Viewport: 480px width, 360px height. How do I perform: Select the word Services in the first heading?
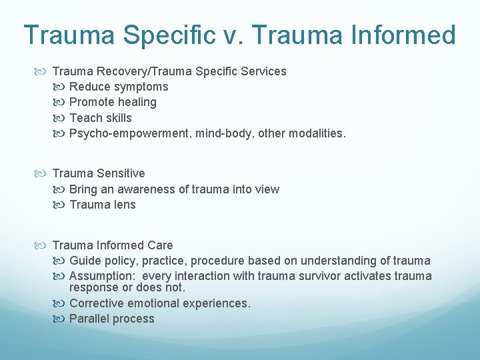click(264, 71)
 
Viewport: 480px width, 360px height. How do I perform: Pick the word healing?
click(136, 102)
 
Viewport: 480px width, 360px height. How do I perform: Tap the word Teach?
click(84, 118)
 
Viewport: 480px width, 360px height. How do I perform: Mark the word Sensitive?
click(121, 173)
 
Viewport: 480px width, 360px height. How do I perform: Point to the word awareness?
click(147, 189)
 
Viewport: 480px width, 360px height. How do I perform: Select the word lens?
click(125, 205)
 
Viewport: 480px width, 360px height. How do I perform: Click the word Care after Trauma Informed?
click(161, 245)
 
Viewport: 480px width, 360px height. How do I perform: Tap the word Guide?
click(84, 261)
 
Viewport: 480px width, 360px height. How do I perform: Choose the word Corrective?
click(96, 303)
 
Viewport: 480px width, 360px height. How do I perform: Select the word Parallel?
click(89, 319)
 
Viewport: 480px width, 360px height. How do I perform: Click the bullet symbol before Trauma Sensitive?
click(45, 173)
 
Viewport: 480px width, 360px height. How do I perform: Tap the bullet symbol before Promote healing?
click(61, 102)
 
